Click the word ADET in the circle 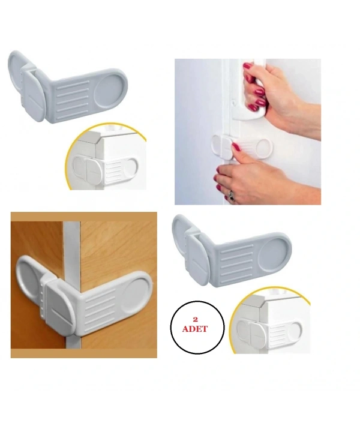(x=194, y=329)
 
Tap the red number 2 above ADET (x=195, y=320)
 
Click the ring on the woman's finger (x=231, y=195)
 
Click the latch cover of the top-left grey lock (x=33, y=96)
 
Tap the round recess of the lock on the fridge (x=264, y=148)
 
